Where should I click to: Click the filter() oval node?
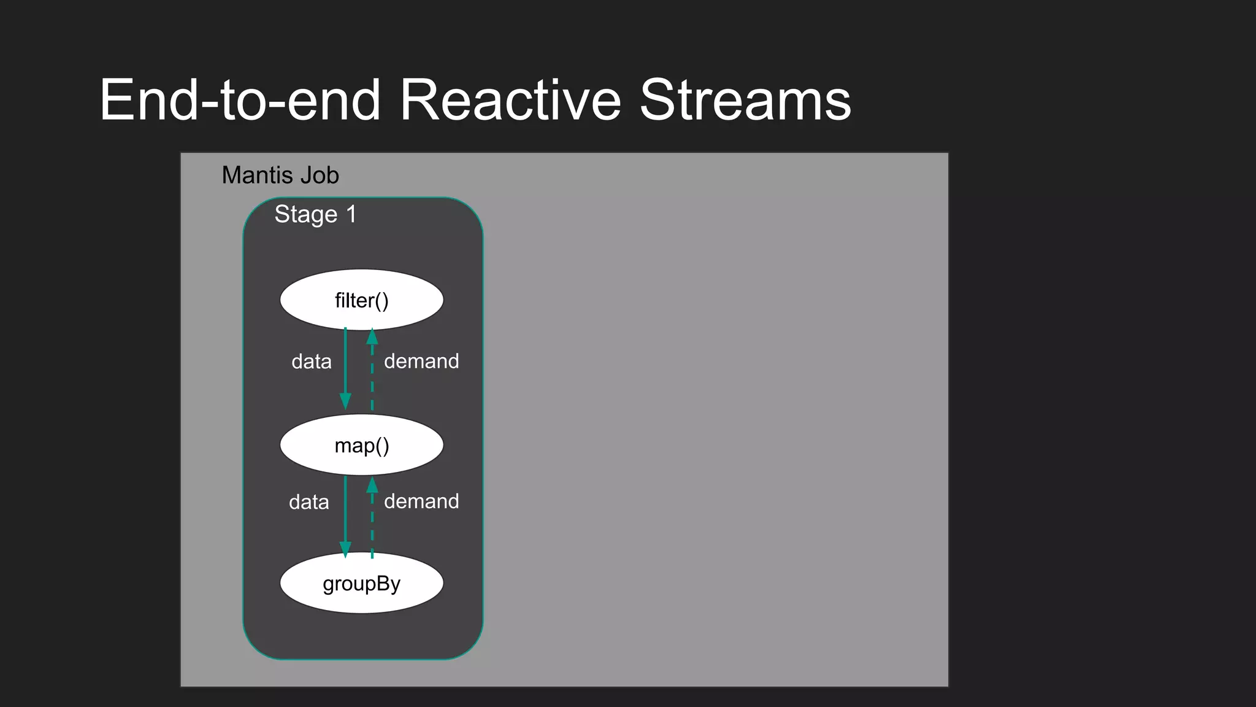pyautogui.click(x=361, y=300)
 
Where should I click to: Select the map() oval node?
pyautogui.click(x=361, y=445)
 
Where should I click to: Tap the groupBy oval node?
pyautogui.click(x=361, y=583)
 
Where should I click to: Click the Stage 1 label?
pyautogui.click(x=315, y=215)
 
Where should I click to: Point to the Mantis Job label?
pyautogui.click(x=280, y=176)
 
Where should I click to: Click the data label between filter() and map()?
pyautogui.click(x=312, y=361)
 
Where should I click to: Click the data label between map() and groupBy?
pyautogui.click(x=309, y=502)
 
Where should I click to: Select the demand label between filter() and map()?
pyautogui.click(x=421, y=361)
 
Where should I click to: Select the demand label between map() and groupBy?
pyautogui.click(x=421, y=501)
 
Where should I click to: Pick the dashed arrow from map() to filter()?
pyautogui.click(x=372, y=374)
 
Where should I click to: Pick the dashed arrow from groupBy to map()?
pyautogui.click(x=372, y=522)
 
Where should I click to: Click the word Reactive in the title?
pyautogui.click(x=510, y=100)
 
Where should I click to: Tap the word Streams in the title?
pyautogui.click(x=745, y=100)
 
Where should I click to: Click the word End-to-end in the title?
pyautogui.click(x=240, y=100)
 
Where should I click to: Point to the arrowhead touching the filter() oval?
pyautogui.click(x=372, y=337)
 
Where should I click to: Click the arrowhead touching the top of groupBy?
pyautogui.click(x=345, y=549)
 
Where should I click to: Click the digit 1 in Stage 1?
pyautogui.click(x=351, y=214)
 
